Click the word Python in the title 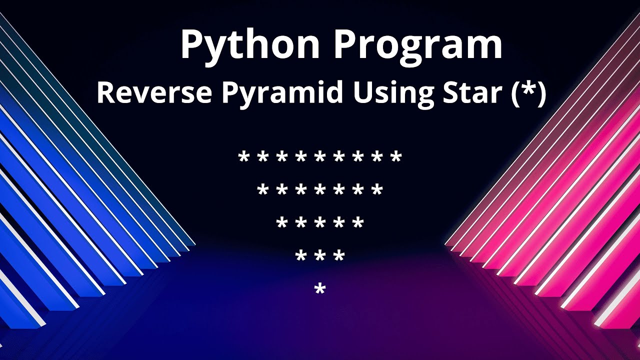tap(250, 45)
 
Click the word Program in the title tap(418, 45)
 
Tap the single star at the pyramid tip tap(320, 288)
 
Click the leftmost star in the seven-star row tap(263, 190)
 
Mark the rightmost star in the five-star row tap(358, 223)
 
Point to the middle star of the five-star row tap(320, 223)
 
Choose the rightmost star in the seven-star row tap(377, 190)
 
